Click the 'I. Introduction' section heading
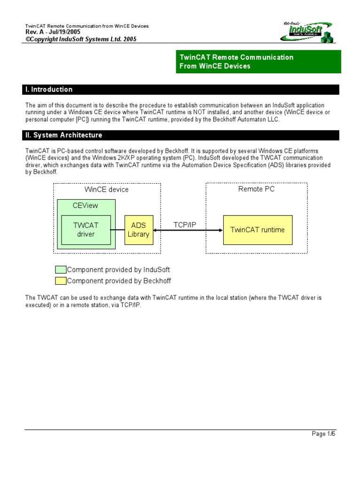pos(49,90)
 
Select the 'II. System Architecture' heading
pos(63,135)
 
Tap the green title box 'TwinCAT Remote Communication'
pos(258,62)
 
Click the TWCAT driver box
pos(86,230)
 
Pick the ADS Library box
pos(138,230)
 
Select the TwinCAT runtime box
pos(257,230)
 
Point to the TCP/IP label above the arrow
pos(185,225)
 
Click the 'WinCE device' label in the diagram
pos(106,190)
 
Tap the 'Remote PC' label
pos(256,189)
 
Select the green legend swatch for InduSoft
pos(61,270)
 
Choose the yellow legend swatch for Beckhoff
pos(61,281)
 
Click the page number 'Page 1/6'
pos(323,434)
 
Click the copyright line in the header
pos(81,39)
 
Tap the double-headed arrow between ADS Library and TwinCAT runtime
pos(188,230)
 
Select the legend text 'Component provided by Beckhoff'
pos(119,281)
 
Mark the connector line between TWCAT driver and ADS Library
pos(118,230)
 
